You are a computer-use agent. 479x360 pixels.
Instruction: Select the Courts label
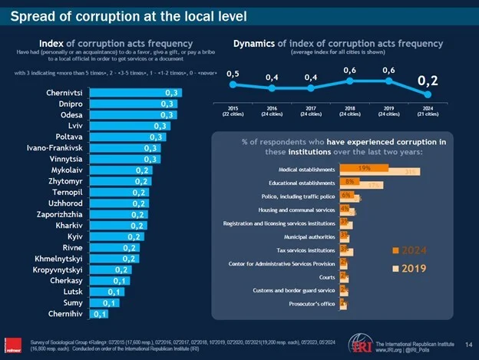(326, 276)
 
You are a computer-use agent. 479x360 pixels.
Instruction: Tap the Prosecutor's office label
(309, 305)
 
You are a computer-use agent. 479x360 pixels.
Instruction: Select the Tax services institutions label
(305, 250)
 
